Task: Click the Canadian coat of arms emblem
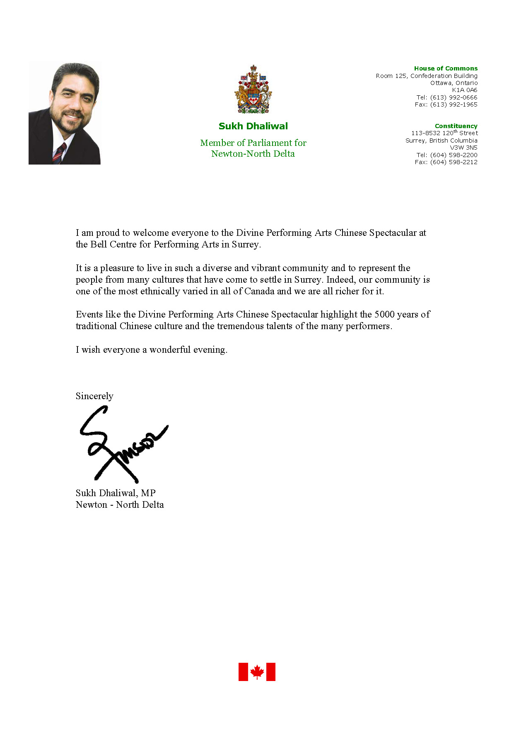[x=253, y=89]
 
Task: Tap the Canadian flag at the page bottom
[x=257, y=671]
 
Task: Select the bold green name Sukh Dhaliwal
[x=253, y=126]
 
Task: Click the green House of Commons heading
[x=446, y=68]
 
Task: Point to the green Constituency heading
[x=456, y=126]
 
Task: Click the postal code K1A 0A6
[x=464, y=90]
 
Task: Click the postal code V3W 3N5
[x=463, y=148]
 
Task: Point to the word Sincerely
[x=94, y=396]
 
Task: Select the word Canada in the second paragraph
[x=259, y=291]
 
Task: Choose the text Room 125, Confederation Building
[x=427, y=76]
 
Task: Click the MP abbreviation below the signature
[x=148, y=493]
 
